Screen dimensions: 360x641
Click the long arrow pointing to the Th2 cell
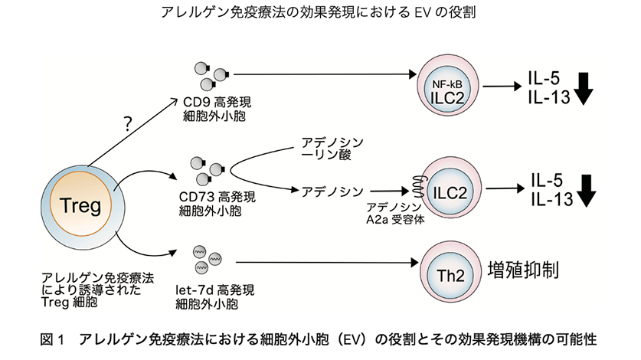(322, 264)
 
